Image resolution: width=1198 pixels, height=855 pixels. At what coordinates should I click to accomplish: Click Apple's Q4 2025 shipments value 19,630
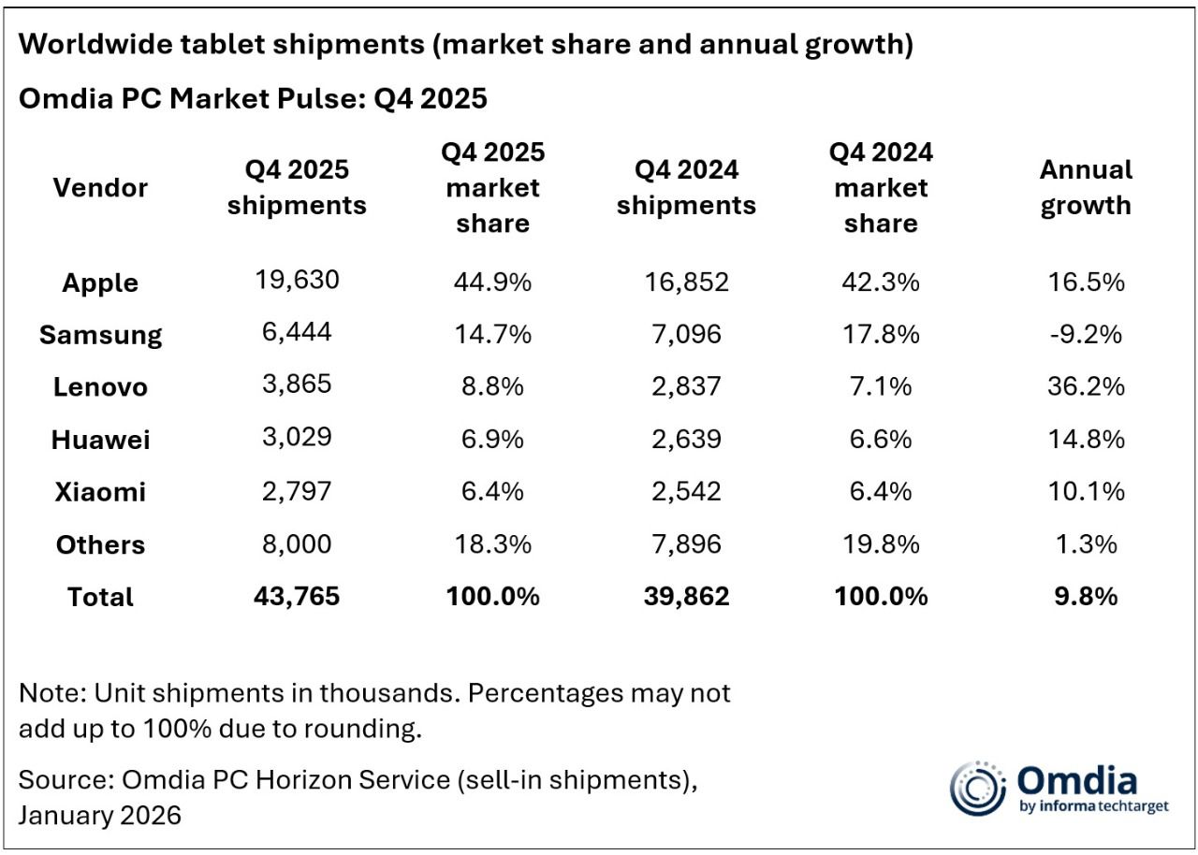pos(297,282)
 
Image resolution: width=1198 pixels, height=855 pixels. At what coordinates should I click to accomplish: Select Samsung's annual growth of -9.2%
pos(1086,334)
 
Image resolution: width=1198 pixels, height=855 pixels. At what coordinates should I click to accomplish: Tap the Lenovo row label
pos(101,386)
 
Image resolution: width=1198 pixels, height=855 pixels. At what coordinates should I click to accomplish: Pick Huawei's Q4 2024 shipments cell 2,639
pos(686,439)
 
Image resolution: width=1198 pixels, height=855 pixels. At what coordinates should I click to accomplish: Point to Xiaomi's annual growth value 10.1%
pos(1086,491)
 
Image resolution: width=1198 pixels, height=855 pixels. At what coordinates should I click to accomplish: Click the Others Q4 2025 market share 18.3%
pos(493,543)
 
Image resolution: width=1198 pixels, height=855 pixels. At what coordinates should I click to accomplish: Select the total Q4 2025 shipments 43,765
pos(297,596)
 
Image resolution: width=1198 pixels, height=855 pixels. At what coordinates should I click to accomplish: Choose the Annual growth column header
pos(1086,187)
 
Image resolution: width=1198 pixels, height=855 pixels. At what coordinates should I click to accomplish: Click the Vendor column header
pos(101,187)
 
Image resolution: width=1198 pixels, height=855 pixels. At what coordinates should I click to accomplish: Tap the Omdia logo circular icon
pos(976,788)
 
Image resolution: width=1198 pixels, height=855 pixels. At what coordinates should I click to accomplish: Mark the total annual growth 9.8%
pos(1086,596)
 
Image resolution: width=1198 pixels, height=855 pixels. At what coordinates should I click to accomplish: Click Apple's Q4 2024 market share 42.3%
pos(881,282)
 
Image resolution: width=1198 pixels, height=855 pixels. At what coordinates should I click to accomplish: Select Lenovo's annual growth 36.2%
pos(1086,386)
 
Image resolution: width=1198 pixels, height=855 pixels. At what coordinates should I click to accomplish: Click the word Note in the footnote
pos(49,694)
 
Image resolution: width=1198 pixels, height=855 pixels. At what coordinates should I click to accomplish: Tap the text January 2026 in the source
pos(99,815)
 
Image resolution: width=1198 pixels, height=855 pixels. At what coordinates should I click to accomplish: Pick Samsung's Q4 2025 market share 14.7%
pos(493,334)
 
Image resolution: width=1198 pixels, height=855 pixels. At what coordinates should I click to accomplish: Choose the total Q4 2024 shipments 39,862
pos(686,596)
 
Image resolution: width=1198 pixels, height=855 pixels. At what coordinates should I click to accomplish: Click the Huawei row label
pos(101,439)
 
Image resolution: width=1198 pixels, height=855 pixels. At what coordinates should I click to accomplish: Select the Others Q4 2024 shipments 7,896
pos(686,543)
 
